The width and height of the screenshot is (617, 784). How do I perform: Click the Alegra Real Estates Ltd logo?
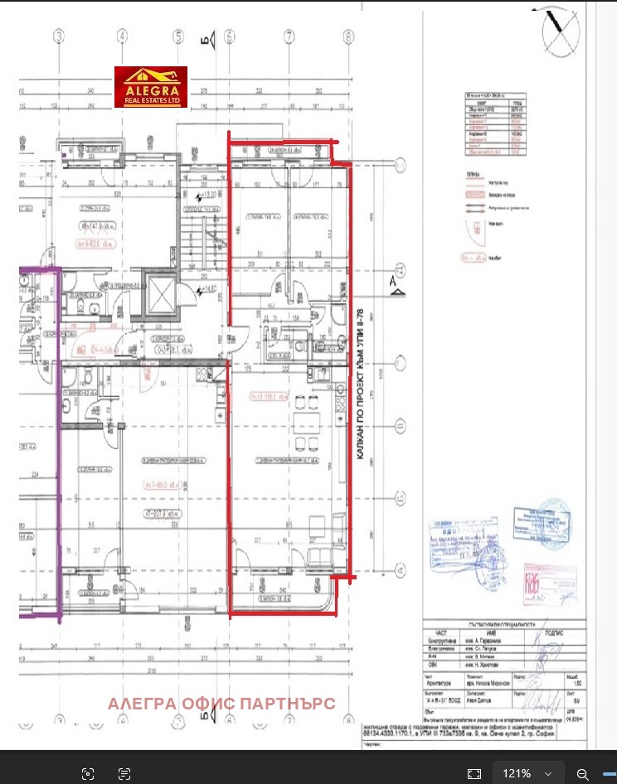(150, 87)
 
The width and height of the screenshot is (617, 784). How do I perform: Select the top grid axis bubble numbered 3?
(59, 36)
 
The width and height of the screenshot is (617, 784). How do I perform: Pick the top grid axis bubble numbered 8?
(346, 36)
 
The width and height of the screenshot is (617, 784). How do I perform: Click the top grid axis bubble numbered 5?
(177, 36)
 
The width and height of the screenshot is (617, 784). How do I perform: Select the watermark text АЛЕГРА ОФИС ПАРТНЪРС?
(222, 704)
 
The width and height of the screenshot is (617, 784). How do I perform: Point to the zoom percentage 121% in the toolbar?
(516, 773)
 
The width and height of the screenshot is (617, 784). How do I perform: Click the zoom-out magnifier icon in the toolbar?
(583, 773)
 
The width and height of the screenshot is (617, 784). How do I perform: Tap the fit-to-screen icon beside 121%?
(474, 773)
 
